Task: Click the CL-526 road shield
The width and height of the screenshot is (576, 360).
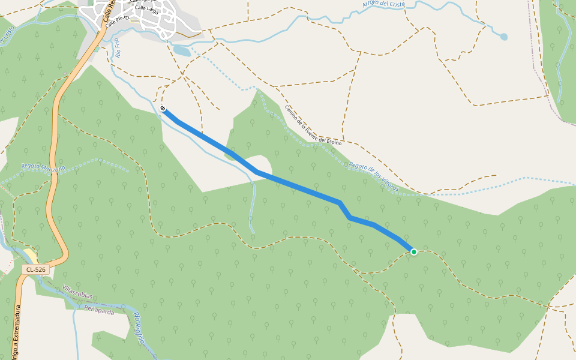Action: [x=36, y=270]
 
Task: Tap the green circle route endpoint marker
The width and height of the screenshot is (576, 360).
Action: [x=414, y=251]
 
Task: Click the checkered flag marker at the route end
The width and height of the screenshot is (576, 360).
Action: [x=163, y=109]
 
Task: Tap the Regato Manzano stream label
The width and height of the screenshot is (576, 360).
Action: [x=43, y=167]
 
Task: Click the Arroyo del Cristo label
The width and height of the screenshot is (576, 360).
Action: [x=383, y=4]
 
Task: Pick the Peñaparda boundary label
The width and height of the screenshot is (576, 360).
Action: [x=99, y=311]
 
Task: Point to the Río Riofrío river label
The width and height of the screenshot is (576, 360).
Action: [x=140, y=328]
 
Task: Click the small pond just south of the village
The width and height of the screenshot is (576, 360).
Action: [x=182, y=51]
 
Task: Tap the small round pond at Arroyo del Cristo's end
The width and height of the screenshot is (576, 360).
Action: [x=503, y=37]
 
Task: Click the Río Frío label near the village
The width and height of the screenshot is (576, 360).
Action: [x=118, y=48]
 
